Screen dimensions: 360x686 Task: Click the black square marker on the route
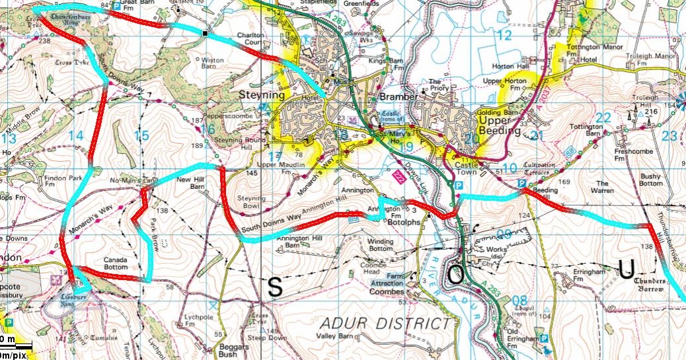pyautogui.click(x=206, y=33)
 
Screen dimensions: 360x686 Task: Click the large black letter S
pyautogui.click(x=275, y=287)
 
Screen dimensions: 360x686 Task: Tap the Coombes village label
pyautogui.click(x=387, y=291)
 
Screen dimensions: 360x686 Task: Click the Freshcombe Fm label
pyautogui.click(x=629, y=162)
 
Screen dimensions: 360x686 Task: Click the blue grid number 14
pyautogui.click(x=76, y=135)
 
